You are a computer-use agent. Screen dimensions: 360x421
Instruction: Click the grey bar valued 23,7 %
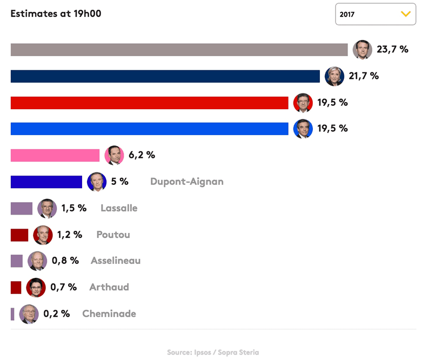pos(179,50)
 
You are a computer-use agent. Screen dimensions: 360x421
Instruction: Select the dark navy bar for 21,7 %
pos(165,76)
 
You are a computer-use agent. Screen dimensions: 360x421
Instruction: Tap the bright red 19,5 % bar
pos(149,103)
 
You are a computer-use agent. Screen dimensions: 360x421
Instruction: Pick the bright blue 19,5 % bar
pos(149,129)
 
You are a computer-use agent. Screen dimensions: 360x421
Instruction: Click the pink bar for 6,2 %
pos(55,155)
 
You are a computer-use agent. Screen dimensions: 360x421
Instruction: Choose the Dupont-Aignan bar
pos(46,182)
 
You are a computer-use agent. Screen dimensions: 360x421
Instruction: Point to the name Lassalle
pos(119,208)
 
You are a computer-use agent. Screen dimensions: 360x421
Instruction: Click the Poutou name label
pos(113,235)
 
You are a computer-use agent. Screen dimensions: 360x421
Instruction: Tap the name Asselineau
pos(116,261)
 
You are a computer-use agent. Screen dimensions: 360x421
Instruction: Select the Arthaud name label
pos(109,287)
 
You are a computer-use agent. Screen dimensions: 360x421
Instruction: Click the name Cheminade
pos(109,314)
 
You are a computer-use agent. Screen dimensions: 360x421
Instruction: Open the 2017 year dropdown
pos(375,14)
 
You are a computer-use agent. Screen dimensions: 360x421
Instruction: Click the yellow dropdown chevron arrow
pos(405,14)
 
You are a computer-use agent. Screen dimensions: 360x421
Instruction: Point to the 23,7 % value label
pos(392,50)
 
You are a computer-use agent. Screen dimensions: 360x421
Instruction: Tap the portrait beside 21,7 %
pos(335,76)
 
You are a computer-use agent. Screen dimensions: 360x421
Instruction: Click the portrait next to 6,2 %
pos(114,155)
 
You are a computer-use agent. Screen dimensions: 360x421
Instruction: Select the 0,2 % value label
pos(57,314)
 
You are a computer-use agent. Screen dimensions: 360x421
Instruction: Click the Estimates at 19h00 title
pos(56,14)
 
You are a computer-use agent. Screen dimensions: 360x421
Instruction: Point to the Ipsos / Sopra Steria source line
pos(213,352)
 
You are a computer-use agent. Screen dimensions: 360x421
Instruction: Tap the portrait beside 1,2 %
pos(43,235)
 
